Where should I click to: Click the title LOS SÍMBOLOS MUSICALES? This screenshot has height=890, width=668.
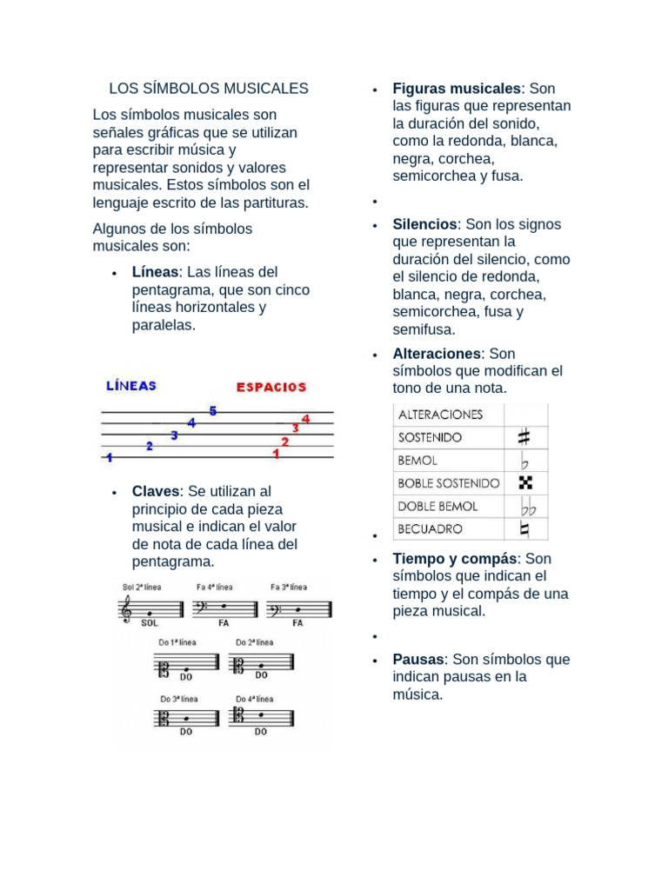pos(209,89)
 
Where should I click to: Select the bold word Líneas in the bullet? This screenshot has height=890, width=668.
pos(155,272)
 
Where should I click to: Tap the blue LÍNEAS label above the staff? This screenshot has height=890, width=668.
pos(131,385)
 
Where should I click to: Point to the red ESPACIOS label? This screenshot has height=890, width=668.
pos(271,387)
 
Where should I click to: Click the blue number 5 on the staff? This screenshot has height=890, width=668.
pos(212,411)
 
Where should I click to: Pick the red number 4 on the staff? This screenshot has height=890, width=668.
pos(305,419)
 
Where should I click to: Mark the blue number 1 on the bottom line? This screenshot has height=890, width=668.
pos(109,456)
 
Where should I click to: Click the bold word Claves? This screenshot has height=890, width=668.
pos(156,492)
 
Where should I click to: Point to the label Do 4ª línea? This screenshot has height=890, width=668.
pos(254,698)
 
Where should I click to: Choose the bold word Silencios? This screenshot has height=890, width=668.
pos(424,224)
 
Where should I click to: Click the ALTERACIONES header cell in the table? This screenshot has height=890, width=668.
pos(440,415)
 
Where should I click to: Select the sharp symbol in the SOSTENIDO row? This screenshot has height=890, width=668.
pos(524,437)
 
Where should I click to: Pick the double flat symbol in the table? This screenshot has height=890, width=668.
pos(526,506)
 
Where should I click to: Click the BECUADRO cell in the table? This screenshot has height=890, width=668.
pos(430,528)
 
